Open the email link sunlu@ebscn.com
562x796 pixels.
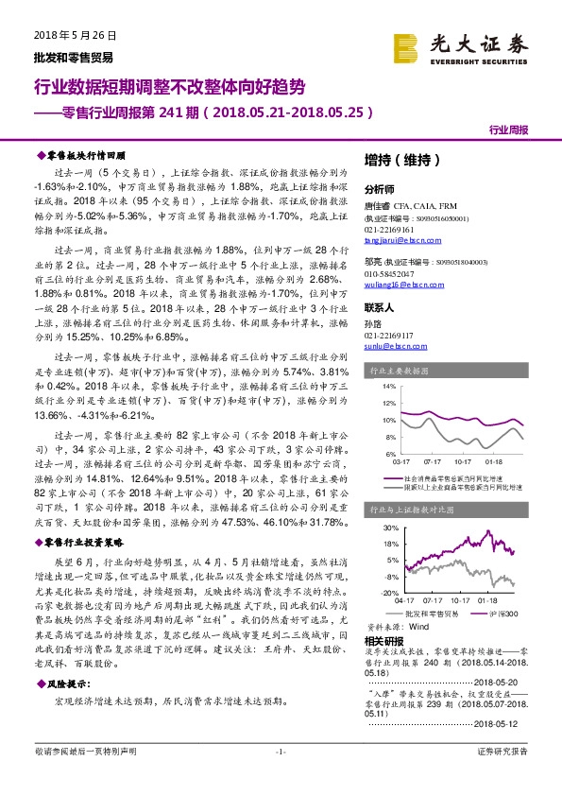click(389, 347)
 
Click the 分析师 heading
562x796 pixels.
click(381, 189)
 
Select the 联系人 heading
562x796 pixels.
click(381, 309)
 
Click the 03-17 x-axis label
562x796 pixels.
click(400, 462)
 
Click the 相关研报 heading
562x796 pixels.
click(383, 641)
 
